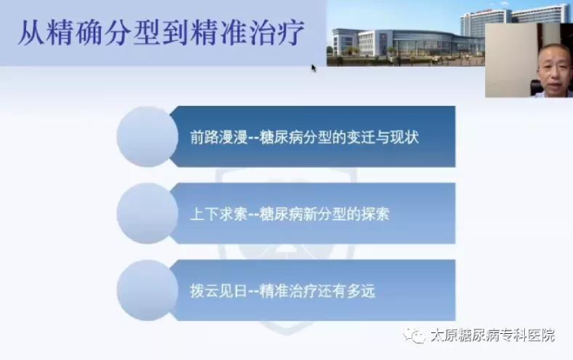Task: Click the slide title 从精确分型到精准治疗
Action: coord(161,33)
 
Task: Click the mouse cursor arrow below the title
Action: coord(314,68)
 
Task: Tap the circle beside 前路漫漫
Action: coord(148,137)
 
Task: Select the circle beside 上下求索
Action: coord(148,213)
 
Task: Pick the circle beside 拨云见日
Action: coord(148,290)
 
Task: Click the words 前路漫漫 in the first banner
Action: coord(219,138)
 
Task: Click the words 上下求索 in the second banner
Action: coord(219,214)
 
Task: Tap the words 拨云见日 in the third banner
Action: coord(219,292)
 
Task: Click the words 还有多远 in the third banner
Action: coord(346,292)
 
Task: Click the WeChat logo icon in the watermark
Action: coord(414,336)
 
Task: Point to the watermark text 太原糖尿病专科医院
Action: coord(492,336)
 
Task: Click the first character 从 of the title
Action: coord(32,33)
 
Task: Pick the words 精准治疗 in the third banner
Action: coord(289,292)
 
